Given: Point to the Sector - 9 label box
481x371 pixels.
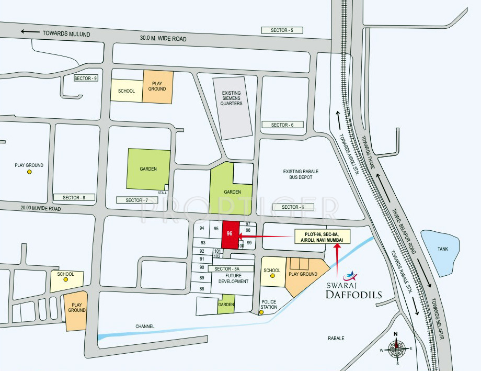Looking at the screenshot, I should coord(86,78).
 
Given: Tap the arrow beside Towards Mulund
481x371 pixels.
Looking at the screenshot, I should coord(30,32).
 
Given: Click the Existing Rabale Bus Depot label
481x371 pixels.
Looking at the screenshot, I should coord(301,175).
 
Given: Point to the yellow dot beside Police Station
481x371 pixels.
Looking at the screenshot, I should coord(261,313).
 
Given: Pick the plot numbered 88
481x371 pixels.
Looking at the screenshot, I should coord(202,289).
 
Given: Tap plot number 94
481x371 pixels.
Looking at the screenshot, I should coord(202,228).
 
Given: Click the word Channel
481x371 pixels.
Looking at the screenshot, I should coord(145,326).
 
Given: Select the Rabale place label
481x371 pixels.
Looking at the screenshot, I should coord(336,339).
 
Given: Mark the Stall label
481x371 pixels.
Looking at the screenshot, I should coord(163,193).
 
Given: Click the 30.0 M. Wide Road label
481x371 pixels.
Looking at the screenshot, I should coord(163,39).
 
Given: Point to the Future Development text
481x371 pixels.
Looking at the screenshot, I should coord(234,278).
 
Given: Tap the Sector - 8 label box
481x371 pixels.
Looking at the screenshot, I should coord(74,197).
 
